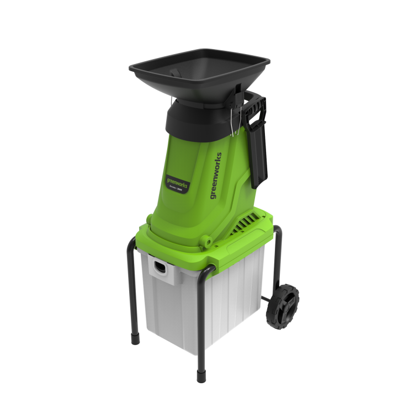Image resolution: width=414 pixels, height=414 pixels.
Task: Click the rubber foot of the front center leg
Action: coord(201,379)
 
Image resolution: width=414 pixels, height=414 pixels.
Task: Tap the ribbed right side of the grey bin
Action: coord(243,298)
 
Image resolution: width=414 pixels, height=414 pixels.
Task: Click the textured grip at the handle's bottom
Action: coord(258,174)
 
